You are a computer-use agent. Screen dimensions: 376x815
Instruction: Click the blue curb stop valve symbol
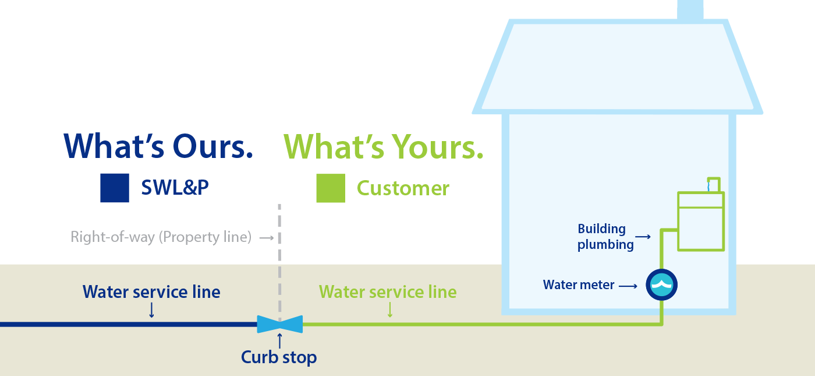pyautogui.click(x=280, y=324)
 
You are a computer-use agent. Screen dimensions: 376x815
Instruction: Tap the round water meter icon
pyautogui.click(x=662, y=285)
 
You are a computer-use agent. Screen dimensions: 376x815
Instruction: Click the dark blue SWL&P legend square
pyautogui.click(x=115, y=188)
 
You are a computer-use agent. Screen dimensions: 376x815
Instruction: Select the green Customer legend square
pyautogui.click(x=331, y=188)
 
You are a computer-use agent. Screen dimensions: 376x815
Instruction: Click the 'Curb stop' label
pyautogui.click(x=279, y=357)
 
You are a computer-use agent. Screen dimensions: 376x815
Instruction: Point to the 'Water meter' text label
pyautogui.click(x=579, y=285)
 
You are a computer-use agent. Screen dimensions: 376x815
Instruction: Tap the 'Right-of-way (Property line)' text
pyautogui.click(x=161, y=237)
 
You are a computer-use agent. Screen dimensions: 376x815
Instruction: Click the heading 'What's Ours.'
pyautogui.click(x=158, y=146)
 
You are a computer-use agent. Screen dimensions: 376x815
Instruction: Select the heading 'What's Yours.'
pyautogui.click(x=384, y=146)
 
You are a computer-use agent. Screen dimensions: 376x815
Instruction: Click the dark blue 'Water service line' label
pyautogui.click(x=151, y=291)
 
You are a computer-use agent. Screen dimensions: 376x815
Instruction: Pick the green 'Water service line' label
pyautogui.click(x=388, y=291)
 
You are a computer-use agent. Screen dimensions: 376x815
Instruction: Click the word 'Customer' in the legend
pyautogui.click(x=403, y=188)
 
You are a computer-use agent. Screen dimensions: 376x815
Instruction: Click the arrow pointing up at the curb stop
pyautogui.click(x=279, y=340)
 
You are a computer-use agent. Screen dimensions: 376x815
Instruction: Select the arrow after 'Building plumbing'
pyautogui.click(x=643, y=237)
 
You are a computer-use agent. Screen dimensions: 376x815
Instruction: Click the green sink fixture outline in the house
pyautogui.click(x=701, y=220)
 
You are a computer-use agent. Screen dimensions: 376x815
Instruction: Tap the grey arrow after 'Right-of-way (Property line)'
pyautogui.click(x=267, y=238)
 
